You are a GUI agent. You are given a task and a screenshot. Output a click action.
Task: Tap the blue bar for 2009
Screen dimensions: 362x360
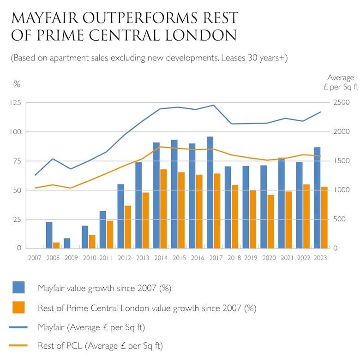67,243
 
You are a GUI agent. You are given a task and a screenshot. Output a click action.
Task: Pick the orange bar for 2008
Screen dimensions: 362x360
56,245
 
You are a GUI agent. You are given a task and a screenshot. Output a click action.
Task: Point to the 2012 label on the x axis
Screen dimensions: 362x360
124,258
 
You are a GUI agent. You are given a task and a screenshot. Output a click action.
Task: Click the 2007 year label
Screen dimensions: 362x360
35,258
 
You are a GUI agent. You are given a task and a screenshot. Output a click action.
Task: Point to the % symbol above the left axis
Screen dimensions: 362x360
17,84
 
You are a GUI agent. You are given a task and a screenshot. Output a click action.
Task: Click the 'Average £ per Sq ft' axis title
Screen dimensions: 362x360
341,82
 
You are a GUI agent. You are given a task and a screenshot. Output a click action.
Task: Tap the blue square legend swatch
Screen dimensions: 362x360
18,288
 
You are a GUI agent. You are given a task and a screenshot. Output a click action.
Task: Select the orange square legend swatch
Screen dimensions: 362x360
18,307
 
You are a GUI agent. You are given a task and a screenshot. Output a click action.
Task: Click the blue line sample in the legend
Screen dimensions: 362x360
18,327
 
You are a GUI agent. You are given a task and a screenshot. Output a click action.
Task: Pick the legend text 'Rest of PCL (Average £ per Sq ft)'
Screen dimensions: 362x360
100,345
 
